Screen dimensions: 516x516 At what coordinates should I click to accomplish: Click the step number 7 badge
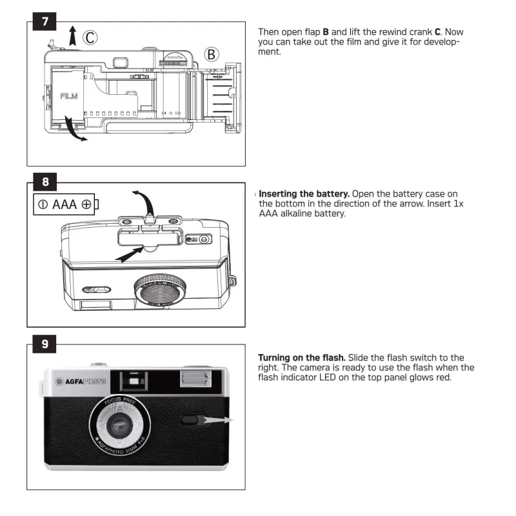[x=45, y=21]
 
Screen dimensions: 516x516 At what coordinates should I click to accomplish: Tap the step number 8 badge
[x=45, y=181]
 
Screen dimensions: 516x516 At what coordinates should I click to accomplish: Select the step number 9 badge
[x=45, y=343]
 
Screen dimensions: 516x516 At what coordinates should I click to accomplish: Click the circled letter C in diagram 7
[x=89, y=38]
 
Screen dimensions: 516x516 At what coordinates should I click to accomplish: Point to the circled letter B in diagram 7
[x=212, y=54]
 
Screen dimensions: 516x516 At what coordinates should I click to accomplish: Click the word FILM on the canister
[x=69, y=97]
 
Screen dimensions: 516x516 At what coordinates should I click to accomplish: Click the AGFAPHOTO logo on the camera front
[x=81, y=381]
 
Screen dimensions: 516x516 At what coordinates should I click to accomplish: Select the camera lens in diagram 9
[x=120, y=426]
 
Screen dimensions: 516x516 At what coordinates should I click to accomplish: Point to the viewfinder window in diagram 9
[x=134, y=381]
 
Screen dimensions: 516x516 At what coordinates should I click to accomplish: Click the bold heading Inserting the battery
[x=304, y=194]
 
